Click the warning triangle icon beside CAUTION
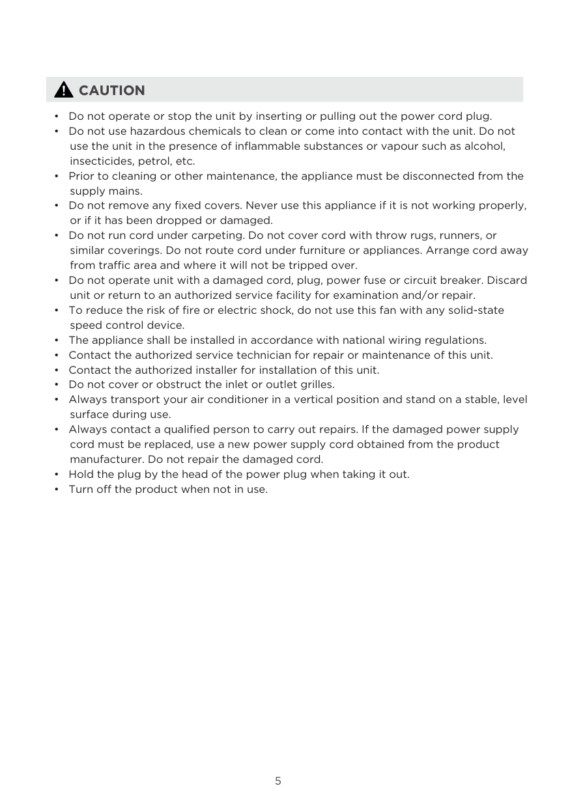tap(63, 90)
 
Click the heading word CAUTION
tap(111, 91)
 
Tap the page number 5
tap(278, 781)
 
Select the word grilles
tap(315, 385)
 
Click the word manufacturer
tap(106, 459)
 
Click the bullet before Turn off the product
tap(57, 489)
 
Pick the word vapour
tap(390, 146)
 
